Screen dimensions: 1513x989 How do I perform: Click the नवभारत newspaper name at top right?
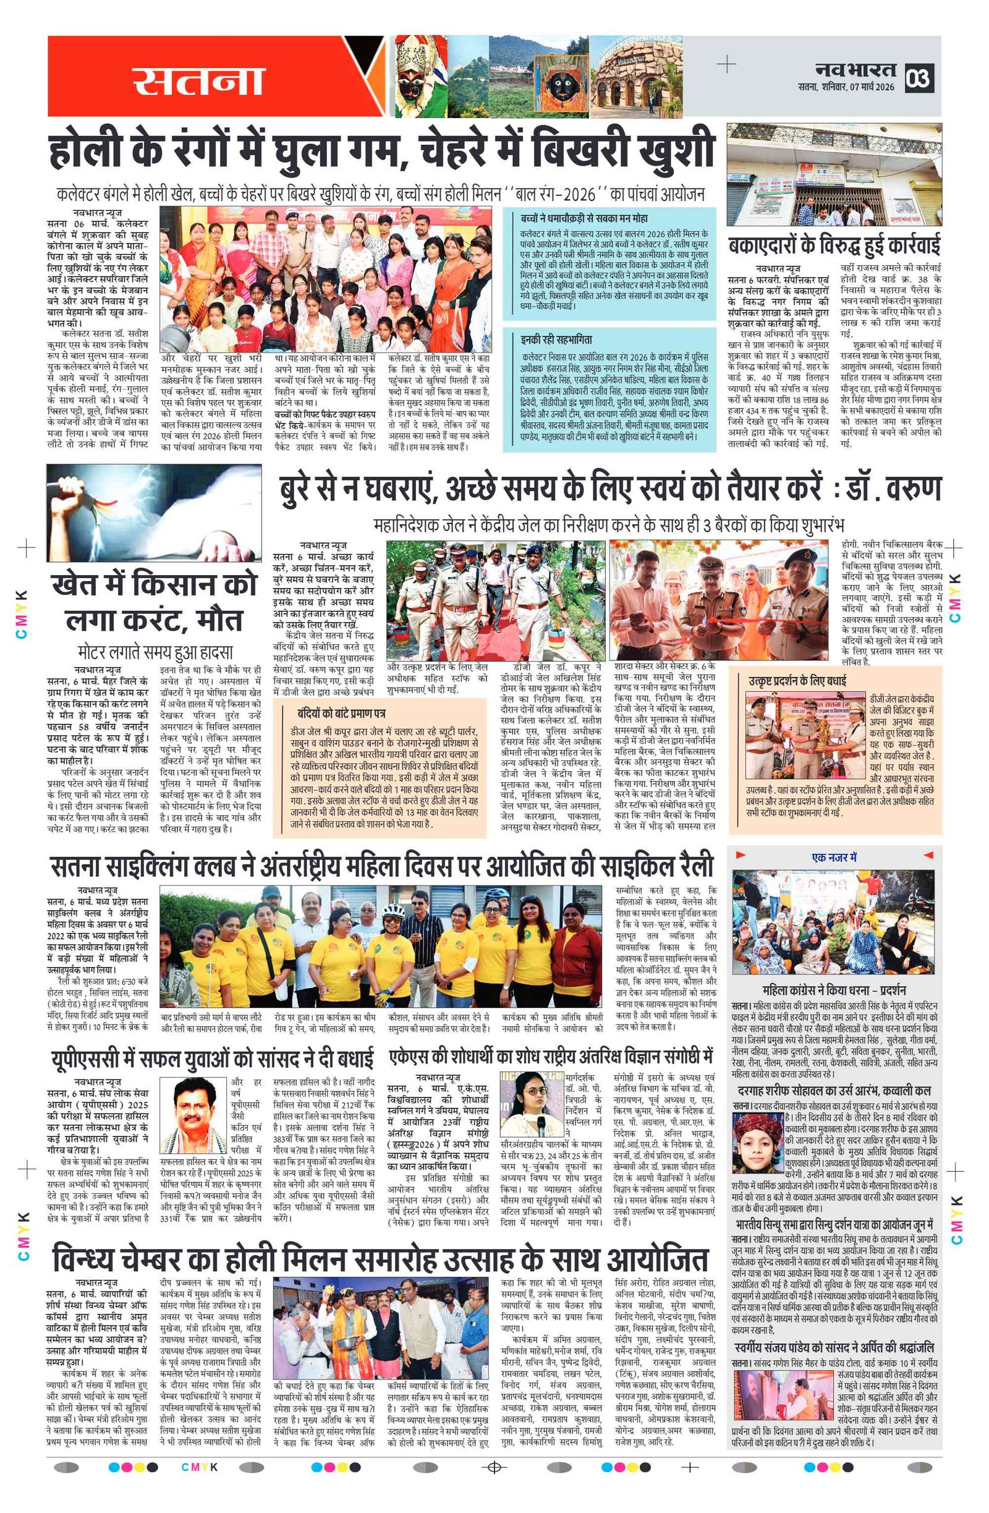855,69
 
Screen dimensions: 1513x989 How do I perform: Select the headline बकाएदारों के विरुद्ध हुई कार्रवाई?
833,245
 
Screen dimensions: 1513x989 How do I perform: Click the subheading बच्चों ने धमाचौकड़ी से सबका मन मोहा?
584,218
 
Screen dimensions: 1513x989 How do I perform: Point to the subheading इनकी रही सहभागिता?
556,339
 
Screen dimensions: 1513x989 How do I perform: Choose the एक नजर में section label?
833,857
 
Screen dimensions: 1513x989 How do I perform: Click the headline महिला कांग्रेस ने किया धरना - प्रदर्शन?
833,990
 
